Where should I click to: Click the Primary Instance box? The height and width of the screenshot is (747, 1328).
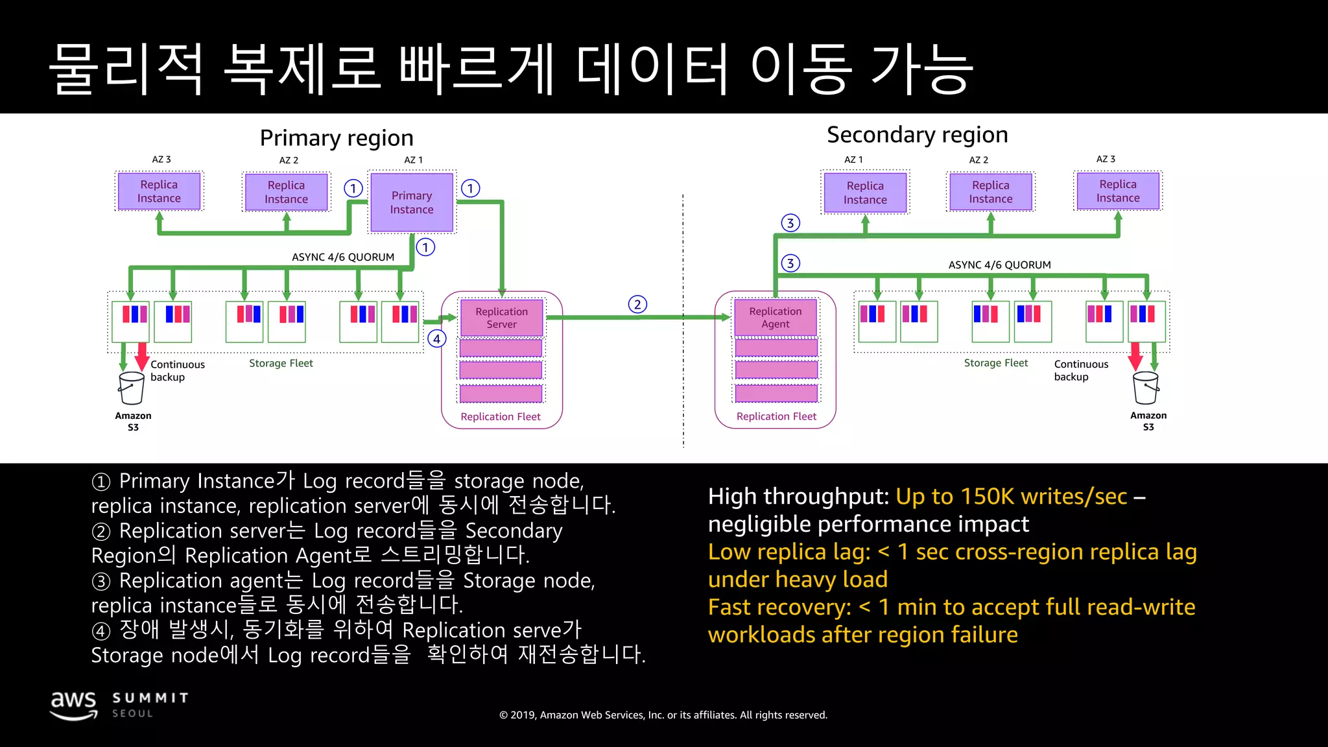411,202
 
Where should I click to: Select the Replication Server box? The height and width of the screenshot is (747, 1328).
501,318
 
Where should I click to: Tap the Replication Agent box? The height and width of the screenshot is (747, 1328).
776,318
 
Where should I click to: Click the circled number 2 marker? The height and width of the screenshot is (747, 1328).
637,304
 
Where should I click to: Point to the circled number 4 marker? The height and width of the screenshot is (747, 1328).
437,338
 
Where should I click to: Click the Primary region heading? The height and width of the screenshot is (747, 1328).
337,138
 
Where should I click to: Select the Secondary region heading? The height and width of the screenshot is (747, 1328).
917,135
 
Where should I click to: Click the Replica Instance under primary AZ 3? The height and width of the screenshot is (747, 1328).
159,191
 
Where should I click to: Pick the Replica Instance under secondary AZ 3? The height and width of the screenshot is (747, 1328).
1117,191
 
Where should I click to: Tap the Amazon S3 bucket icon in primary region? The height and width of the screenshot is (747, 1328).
132,388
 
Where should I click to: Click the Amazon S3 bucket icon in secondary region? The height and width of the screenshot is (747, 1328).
1145,388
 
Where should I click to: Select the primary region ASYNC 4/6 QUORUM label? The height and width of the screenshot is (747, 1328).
343,257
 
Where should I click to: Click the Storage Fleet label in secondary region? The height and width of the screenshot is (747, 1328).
995,363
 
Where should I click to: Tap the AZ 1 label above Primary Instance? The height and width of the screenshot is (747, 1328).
413,160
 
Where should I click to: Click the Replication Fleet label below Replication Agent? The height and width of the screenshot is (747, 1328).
776,416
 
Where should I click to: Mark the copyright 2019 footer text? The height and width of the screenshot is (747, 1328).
663,715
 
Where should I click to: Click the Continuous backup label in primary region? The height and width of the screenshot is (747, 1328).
177,370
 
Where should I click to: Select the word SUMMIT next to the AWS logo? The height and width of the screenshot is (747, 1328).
150,698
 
